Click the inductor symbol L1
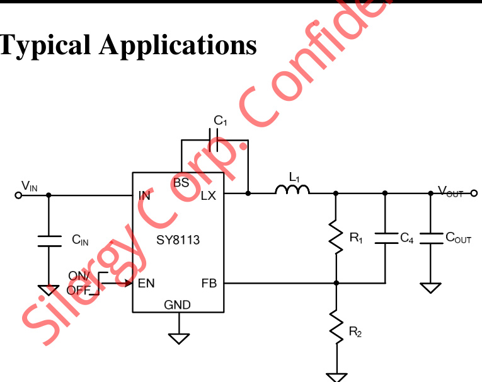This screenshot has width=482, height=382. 292,190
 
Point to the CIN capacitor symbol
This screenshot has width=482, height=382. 49,240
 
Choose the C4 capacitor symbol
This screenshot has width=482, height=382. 385,238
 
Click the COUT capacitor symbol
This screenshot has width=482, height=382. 431,238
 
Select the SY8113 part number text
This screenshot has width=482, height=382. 178,240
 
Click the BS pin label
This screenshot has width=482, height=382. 181,183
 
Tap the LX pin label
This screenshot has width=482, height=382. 208,195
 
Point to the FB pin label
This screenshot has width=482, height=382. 209,283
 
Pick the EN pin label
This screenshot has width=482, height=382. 146,283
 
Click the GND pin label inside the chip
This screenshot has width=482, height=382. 178,305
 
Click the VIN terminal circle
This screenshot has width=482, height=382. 19,195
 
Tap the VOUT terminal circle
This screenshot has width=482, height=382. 474,193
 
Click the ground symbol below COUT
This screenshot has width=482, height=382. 431,288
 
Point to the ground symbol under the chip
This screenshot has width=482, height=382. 180,338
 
